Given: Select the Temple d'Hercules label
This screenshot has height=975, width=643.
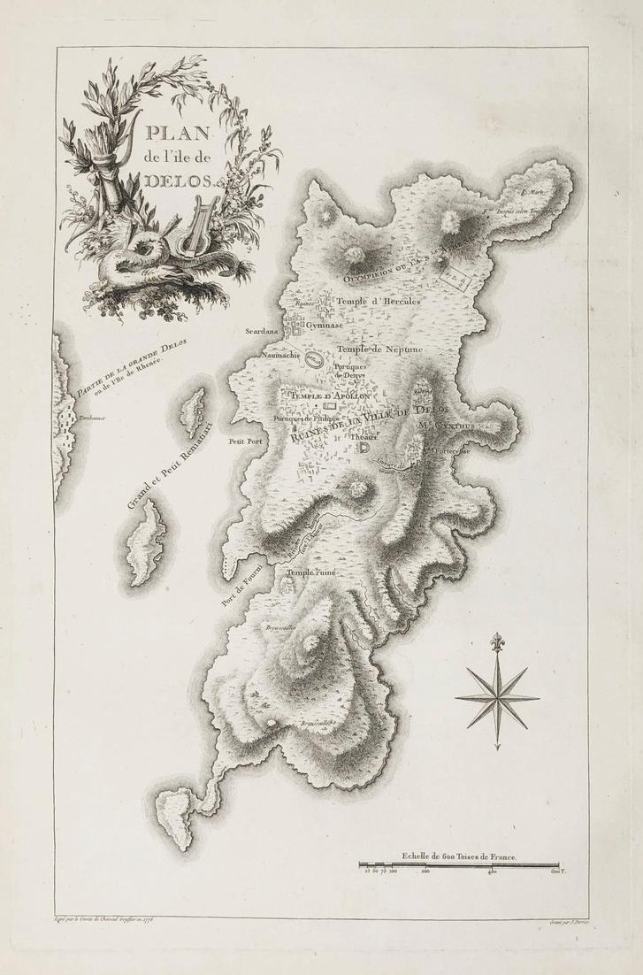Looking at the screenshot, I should click(x=380, y=300).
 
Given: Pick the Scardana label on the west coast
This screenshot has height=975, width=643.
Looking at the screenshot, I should click(x=264, y=334).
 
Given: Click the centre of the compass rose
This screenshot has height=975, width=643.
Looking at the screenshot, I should click(x=496, y=696).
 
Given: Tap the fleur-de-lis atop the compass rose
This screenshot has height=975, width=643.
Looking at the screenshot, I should click(x=496, y=640).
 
